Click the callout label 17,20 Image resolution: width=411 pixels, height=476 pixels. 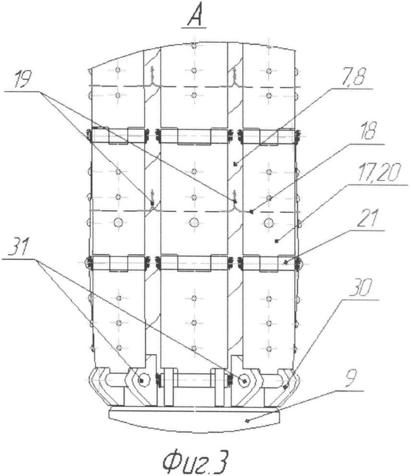[x=380, y=173]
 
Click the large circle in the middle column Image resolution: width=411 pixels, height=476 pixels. [x=193, y=223]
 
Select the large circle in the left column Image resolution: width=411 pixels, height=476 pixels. [x=118, y=222]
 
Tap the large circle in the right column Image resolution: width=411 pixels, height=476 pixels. [x=269, y=223]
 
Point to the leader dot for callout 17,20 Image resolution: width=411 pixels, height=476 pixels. [x=276, y=241]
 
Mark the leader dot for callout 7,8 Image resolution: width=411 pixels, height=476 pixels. [x=235, y=164]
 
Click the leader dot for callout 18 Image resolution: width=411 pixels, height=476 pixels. [x=251, y=212]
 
